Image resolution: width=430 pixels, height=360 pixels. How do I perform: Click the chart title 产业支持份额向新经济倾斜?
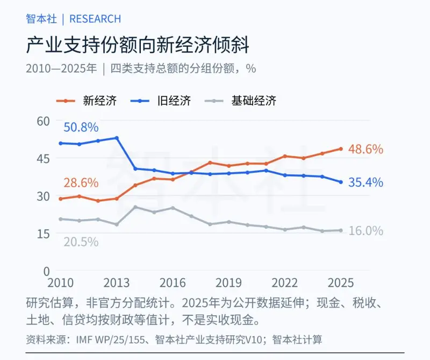[x=138, y=45]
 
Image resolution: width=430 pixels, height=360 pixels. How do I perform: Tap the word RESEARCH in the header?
[x=95, y=19]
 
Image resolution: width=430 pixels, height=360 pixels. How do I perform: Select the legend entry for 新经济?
[x=87, y=101]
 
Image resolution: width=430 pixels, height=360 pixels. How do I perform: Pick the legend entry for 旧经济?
[x=161, y=101]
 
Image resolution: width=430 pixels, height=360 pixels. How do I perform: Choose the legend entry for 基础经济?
[x=240, y=101]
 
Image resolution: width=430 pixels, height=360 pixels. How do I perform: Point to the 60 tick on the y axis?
[x=44, y=121]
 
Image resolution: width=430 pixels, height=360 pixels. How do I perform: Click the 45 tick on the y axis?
[x=44, y=159]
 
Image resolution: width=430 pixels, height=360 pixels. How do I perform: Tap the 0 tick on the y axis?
[x=47, y=272]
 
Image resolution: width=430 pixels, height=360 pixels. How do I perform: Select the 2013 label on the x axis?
[x=117, y=283]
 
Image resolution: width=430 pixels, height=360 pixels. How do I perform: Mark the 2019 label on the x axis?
[x=229, y=283]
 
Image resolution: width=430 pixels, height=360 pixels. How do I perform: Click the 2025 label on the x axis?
[x=341, y=283]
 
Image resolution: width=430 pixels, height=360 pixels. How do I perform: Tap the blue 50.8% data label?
[x=81, y=128]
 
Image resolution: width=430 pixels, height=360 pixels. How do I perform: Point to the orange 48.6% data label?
[x=366, y=150]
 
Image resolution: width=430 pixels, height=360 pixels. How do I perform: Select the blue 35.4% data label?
[x=366, y=182]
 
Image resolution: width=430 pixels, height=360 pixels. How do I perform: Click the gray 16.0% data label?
[x=366, y=231]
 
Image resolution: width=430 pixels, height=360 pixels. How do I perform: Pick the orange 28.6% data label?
[x=81, y=183]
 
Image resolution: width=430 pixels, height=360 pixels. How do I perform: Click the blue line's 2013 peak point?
[x=117, y=138]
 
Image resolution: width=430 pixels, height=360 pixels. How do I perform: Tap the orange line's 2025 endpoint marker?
[x=341, y=149]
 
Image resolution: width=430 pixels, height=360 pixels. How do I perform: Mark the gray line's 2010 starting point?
[x=61, y=219]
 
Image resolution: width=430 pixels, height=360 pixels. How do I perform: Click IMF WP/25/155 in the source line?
[x=110, y=340]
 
